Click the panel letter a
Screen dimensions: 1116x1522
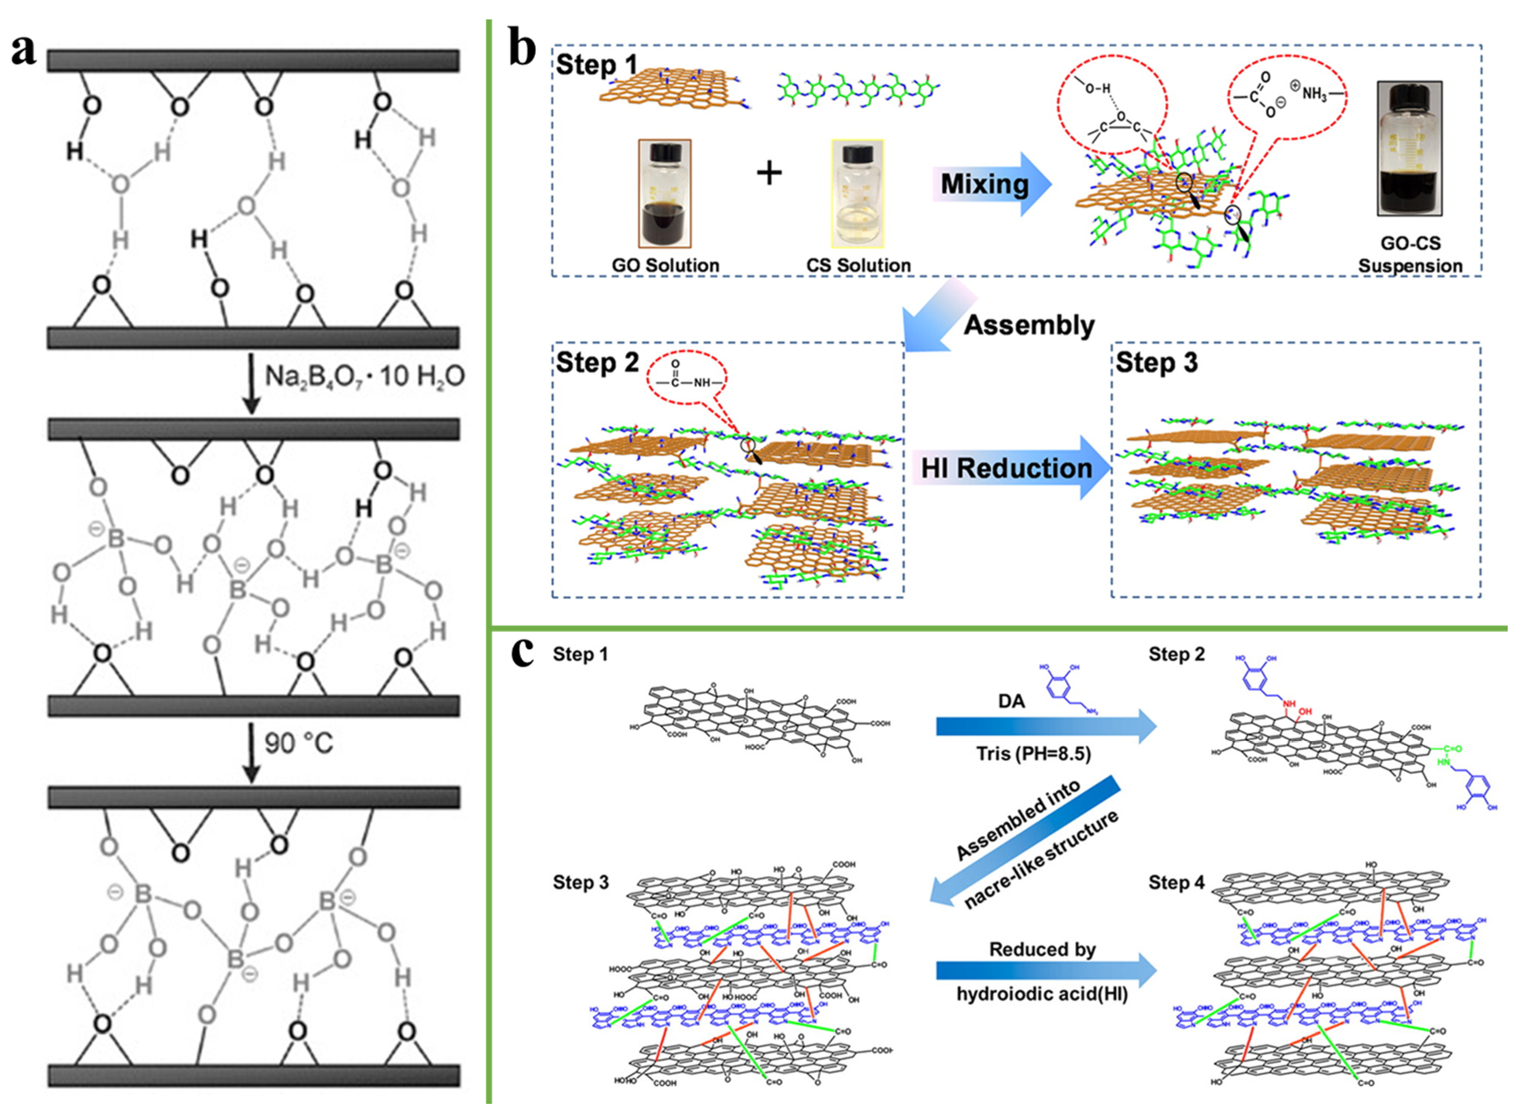pos(24,51)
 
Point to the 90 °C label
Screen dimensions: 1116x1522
pos(299,743)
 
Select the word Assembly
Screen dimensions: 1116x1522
pos(1029,325)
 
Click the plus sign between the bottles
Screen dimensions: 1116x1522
pos(769,174)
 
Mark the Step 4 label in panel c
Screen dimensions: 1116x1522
pos(1176,882)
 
